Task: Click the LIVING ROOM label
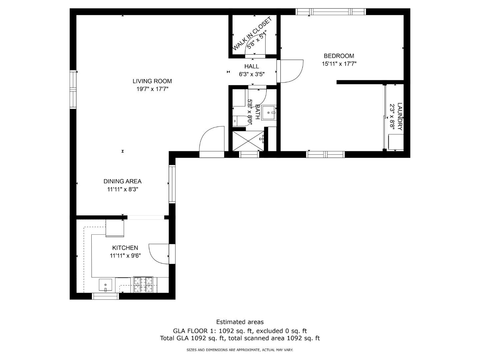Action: click(x=152, y=81)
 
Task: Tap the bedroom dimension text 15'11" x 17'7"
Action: click(x=339, y=64)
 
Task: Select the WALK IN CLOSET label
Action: click(x=252, y=33)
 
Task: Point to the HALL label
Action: click(x=251, y=66)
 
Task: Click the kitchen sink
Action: click(x=105, y=285)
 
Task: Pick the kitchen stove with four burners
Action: click(x=143, y=284)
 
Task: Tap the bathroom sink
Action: click(x=269, y=113)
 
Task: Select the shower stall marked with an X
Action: click(x=248, y=141)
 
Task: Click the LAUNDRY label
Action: click(x=400, y=117)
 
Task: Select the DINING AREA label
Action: click(x=122, y=181)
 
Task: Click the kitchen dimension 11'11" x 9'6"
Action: click(x=125, y=256)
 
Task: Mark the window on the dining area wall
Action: click(x=172, y=184)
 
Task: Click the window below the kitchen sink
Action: click(x=105, y=296)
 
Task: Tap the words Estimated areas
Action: click(x=240, y=322)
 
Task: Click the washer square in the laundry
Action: click(x=396, y=142)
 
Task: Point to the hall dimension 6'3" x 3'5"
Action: click(x=252, y=74)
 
